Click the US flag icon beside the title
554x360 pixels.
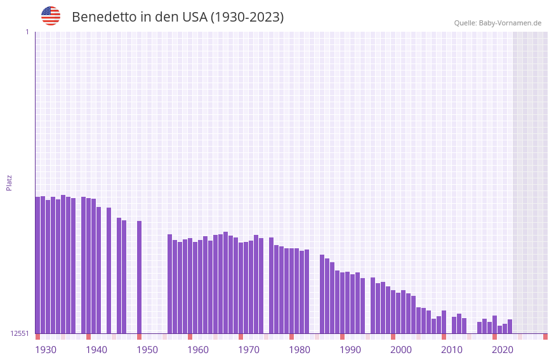coord(51,16)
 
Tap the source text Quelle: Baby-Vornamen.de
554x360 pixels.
coord(498,23)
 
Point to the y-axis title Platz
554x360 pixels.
coord(9,182)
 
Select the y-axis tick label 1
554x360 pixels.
coord(27,32)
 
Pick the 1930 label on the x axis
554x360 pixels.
coord(46,350)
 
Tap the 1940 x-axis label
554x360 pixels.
coord(96,350)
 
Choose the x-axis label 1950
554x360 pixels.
coord(147,350)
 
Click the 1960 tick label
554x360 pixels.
coord(198,350)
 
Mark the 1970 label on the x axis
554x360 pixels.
coord(249,350)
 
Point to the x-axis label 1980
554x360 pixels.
coord(300,350)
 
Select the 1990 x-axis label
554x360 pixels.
coord(350,350)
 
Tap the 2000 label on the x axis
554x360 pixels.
coord(401,350)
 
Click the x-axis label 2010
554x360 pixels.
coord(452,350)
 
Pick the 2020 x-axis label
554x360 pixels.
coord(503,350)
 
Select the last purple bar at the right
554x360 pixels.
coord(510,326)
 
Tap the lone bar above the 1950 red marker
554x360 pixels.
coord(139,277)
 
